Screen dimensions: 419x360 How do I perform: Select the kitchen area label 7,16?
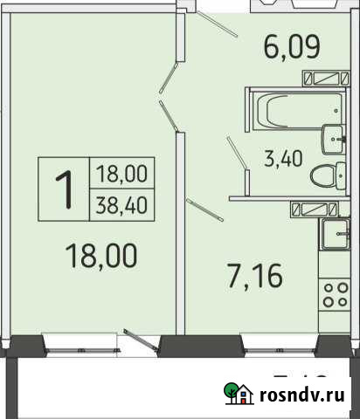(257, 281)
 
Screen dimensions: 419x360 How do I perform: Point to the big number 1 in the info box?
(64, 187)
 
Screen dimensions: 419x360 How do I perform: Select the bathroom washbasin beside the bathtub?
(336, 137)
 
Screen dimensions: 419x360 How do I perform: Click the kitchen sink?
(336, 232)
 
